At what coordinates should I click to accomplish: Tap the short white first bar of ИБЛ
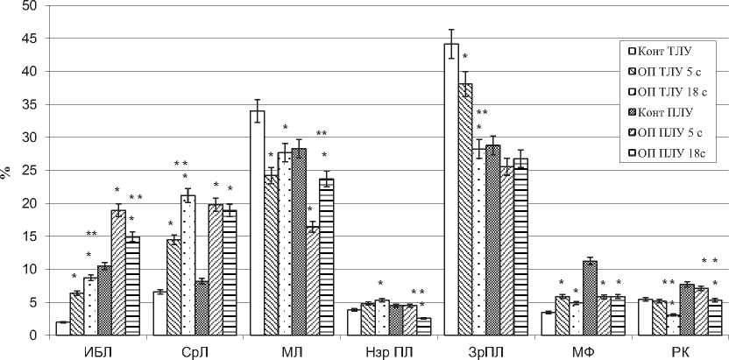click(62, 328)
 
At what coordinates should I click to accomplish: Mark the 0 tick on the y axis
click(32, 335)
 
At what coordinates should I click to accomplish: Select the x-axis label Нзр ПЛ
click(383, 350)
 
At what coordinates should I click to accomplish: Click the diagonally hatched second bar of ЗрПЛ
click(465, 210)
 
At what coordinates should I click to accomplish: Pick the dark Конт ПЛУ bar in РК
click(686, 310)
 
